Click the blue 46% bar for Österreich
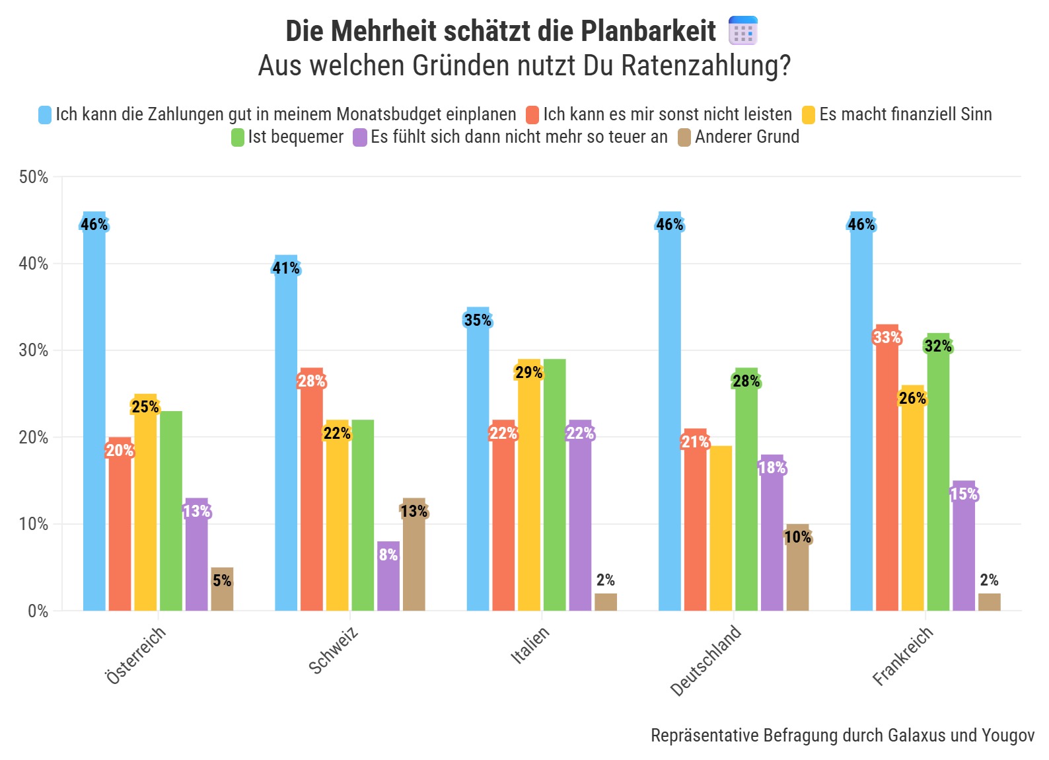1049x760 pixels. click(94, 416)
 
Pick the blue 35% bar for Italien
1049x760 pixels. click(478, 463)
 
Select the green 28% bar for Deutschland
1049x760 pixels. click(746, 496)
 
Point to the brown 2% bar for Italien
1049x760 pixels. click(606, 602)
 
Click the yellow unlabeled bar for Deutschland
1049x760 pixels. click(721, 529)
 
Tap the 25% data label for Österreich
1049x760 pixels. click(145, 407)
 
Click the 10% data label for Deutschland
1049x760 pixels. click(798, 537)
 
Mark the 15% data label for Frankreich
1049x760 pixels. click(964, 494)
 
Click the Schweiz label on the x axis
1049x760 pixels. click(334, 651)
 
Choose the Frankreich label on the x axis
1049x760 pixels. click(902, 656)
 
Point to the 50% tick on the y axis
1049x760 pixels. click(34, 177)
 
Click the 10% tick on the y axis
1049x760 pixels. click(34, 524)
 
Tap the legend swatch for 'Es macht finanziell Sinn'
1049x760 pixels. click(809, 115)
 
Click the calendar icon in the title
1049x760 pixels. click(743, 31)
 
